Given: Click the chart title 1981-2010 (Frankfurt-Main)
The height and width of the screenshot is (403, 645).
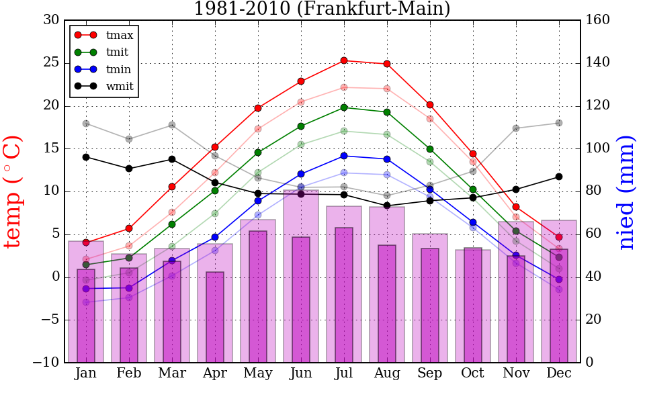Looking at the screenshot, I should [x=322, y=9].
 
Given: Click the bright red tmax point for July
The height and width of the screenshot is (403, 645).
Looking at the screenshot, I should [x=344, y=60].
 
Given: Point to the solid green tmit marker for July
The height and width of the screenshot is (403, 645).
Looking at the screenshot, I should [x=344, y=107].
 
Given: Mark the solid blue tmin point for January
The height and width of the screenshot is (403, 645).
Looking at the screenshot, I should [x=86, y=289].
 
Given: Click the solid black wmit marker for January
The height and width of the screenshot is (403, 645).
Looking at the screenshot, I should [x=86, y=157].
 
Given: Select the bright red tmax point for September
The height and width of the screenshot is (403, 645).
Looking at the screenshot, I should [x=430, y=105].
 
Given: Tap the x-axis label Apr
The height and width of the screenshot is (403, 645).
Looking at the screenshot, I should [x=215, y=373].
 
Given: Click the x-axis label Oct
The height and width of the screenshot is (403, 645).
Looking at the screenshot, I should [x=473, y=373].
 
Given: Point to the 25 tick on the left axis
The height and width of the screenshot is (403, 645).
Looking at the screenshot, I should [x=50, y=63].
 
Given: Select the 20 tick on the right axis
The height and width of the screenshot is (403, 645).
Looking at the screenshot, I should [x=594, y=320].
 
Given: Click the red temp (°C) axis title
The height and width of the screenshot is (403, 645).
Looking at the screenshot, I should [x=13, y=191].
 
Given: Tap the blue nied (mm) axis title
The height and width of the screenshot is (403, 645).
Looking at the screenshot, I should [x=626, y=191].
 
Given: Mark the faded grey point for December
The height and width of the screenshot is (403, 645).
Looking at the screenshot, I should [x=559, y=123].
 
